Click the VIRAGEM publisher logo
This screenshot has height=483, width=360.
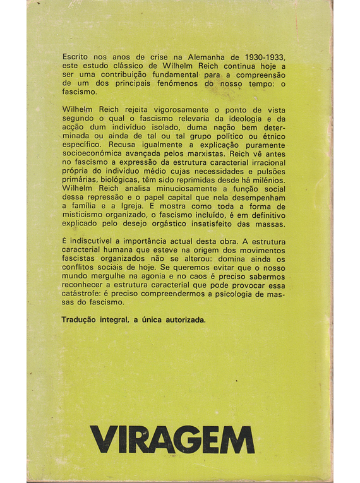(x=172, y=439)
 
